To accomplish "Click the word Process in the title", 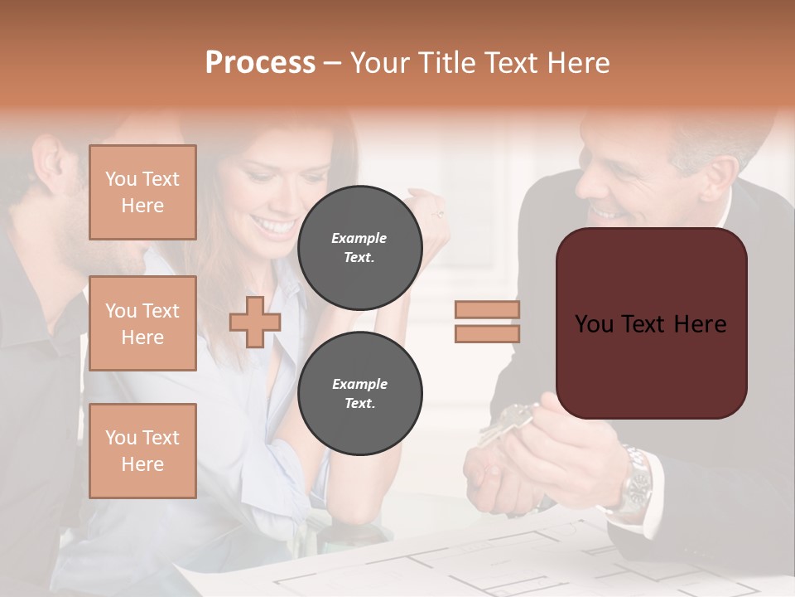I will (x=260, y=63).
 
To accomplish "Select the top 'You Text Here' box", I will (x=142, y=192).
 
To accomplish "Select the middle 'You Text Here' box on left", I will (x=142, y=323).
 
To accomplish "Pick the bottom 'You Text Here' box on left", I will (x=142, y=450).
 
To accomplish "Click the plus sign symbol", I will (x=255, y=322).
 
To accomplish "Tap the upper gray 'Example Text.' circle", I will (x=359, y=247).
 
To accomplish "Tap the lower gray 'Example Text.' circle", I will (x=359, y=393).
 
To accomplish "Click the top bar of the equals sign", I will (x=487, y=310).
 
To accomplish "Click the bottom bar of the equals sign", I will (x=487, y=333).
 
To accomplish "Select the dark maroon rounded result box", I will (x=651, y=323).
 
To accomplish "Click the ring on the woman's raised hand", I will (x=438, y=213).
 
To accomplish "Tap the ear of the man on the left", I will (x=48, y=162).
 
